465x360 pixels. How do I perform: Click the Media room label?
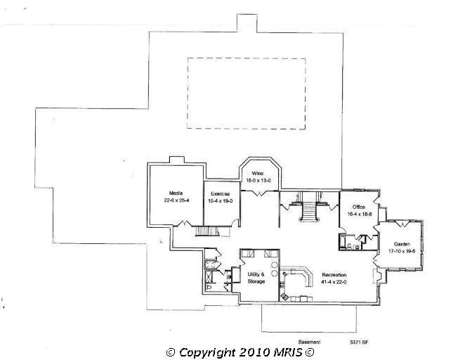tap(176, 193)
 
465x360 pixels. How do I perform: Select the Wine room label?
tap(257, 173)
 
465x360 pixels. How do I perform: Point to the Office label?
tap(358, 207)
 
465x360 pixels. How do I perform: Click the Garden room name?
tap(400, 243)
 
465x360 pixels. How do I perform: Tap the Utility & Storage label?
tap(256, 277)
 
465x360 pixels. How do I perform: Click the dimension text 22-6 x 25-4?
tap(176, 200)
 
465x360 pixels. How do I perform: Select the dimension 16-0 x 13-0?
tap(257, 180)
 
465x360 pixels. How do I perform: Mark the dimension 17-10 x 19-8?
tap(400, 250)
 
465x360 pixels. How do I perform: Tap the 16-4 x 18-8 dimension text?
tap(358, 215)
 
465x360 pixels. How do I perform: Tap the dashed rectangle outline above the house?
tap(246, 93)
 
